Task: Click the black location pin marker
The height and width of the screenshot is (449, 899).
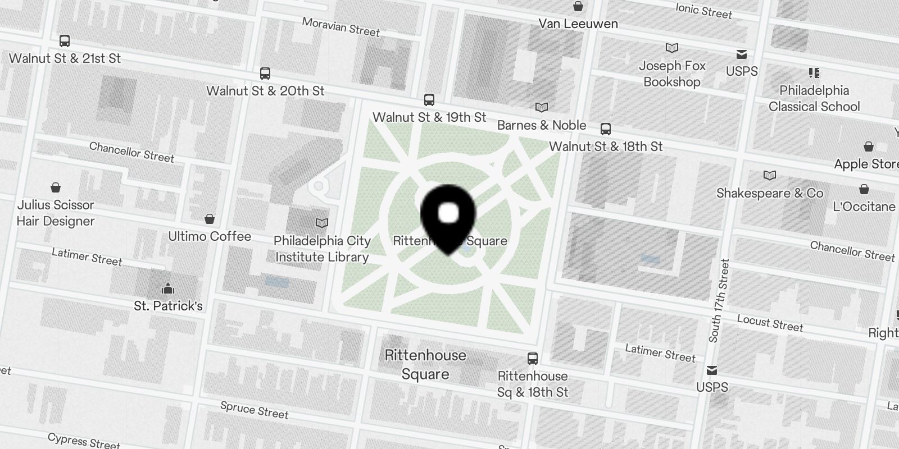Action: pos(448,216)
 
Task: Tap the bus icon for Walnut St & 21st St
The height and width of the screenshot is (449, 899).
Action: pos(65,41)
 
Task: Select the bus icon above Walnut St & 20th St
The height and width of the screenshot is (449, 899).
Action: pos(265,74)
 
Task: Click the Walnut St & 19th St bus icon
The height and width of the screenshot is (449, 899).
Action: pos(429,100)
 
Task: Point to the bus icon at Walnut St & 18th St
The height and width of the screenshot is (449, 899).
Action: pos(605,129)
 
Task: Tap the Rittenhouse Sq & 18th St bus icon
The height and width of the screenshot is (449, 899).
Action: pos(532,358)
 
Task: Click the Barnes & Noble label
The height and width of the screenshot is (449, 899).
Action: pos(542,125)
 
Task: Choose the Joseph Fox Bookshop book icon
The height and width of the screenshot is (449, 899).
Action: pos(671,48)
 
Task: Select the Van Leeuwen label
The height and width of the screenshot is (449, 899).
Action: pos(578,24)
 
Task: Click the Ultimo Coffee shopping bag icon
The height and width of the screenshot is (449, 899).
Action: pos(210,219)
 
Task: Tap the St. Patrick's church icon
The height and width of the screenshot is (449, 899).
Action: pos(167,289)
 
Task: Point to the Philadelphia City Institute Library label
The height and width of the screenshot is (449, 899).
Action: pos(322,249)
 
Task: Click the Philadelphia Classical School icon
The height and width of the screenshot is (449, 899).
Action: pos(814,73)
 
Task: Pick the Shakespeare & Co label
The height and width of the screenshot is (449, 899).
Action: pos(769,194)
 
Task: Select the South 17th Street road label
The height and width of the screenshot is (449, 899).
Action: pos(719,301)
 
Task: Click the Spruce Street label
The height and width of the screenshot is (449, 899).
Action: pos(254,410)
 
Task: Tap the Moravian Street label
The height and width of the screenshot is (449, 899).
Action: pos(340,26)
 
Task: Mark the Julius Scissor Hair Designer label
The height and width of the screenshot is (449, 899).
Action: pos(56,213)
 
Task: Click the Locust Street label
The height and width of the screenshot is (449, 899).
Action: pos(770,323)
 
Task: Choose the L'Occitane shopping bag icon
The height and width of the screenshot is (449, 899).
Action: pos(864,190)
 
